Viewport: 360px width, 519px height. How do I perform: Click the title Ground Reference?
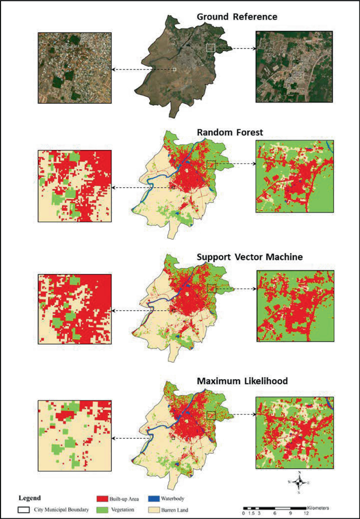tap(237, 17)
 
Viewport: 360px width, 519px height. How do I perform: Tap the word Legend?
tap(29, 497)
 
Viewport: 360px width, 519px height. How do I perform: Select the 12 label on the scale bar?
tap(305, 513)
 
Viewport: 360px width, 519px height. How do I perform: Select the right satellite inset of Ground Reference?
tap(294, 66)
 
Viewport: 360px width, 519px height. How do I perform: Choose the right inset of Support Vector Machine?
tap(294, 306)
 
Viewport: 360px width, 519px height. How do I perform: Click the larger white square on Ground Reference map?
tap(211, 48)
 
